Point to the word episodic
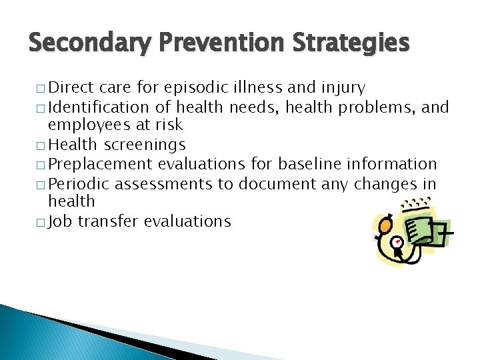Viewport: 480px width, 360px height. [199, 87]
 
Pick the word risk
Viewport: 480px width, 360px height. [168, 125]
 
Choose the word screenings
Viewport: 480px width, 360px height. [144, 145]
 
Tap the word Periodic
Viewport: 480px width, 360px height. [79, 183]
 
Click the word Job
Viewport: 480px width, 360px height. [61, 221]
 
